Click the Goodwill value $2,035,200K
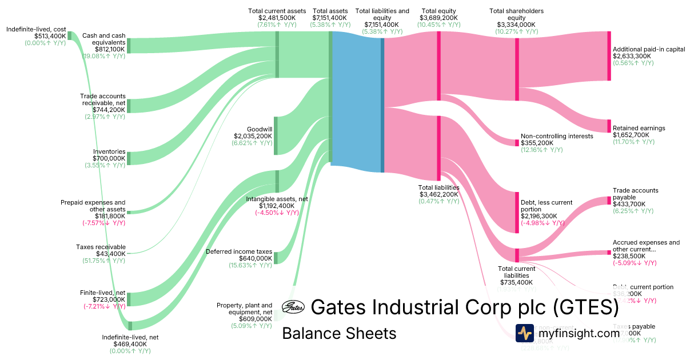tap(253, 136)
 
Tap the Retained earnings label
tap(639, 128)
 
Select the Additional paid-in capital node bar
tap(609, 56)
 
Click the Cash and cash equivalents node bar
tap(129, 46)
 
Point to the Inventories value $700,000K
tap(109, 158)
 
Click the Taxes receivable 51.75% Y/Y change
tap(103, 261)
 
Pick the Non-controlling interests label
tap(557, 136)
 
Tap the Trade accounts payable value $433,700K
tap(629, 204)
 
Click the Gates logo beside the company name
tap(293, 307)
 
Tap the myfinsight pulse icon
tap(525, 333)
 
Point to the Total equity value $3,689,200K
tap(438, 18)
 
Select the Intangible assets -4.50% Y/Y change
tap(277, 213)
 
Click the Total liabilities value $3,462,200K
tap(438, 194)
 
